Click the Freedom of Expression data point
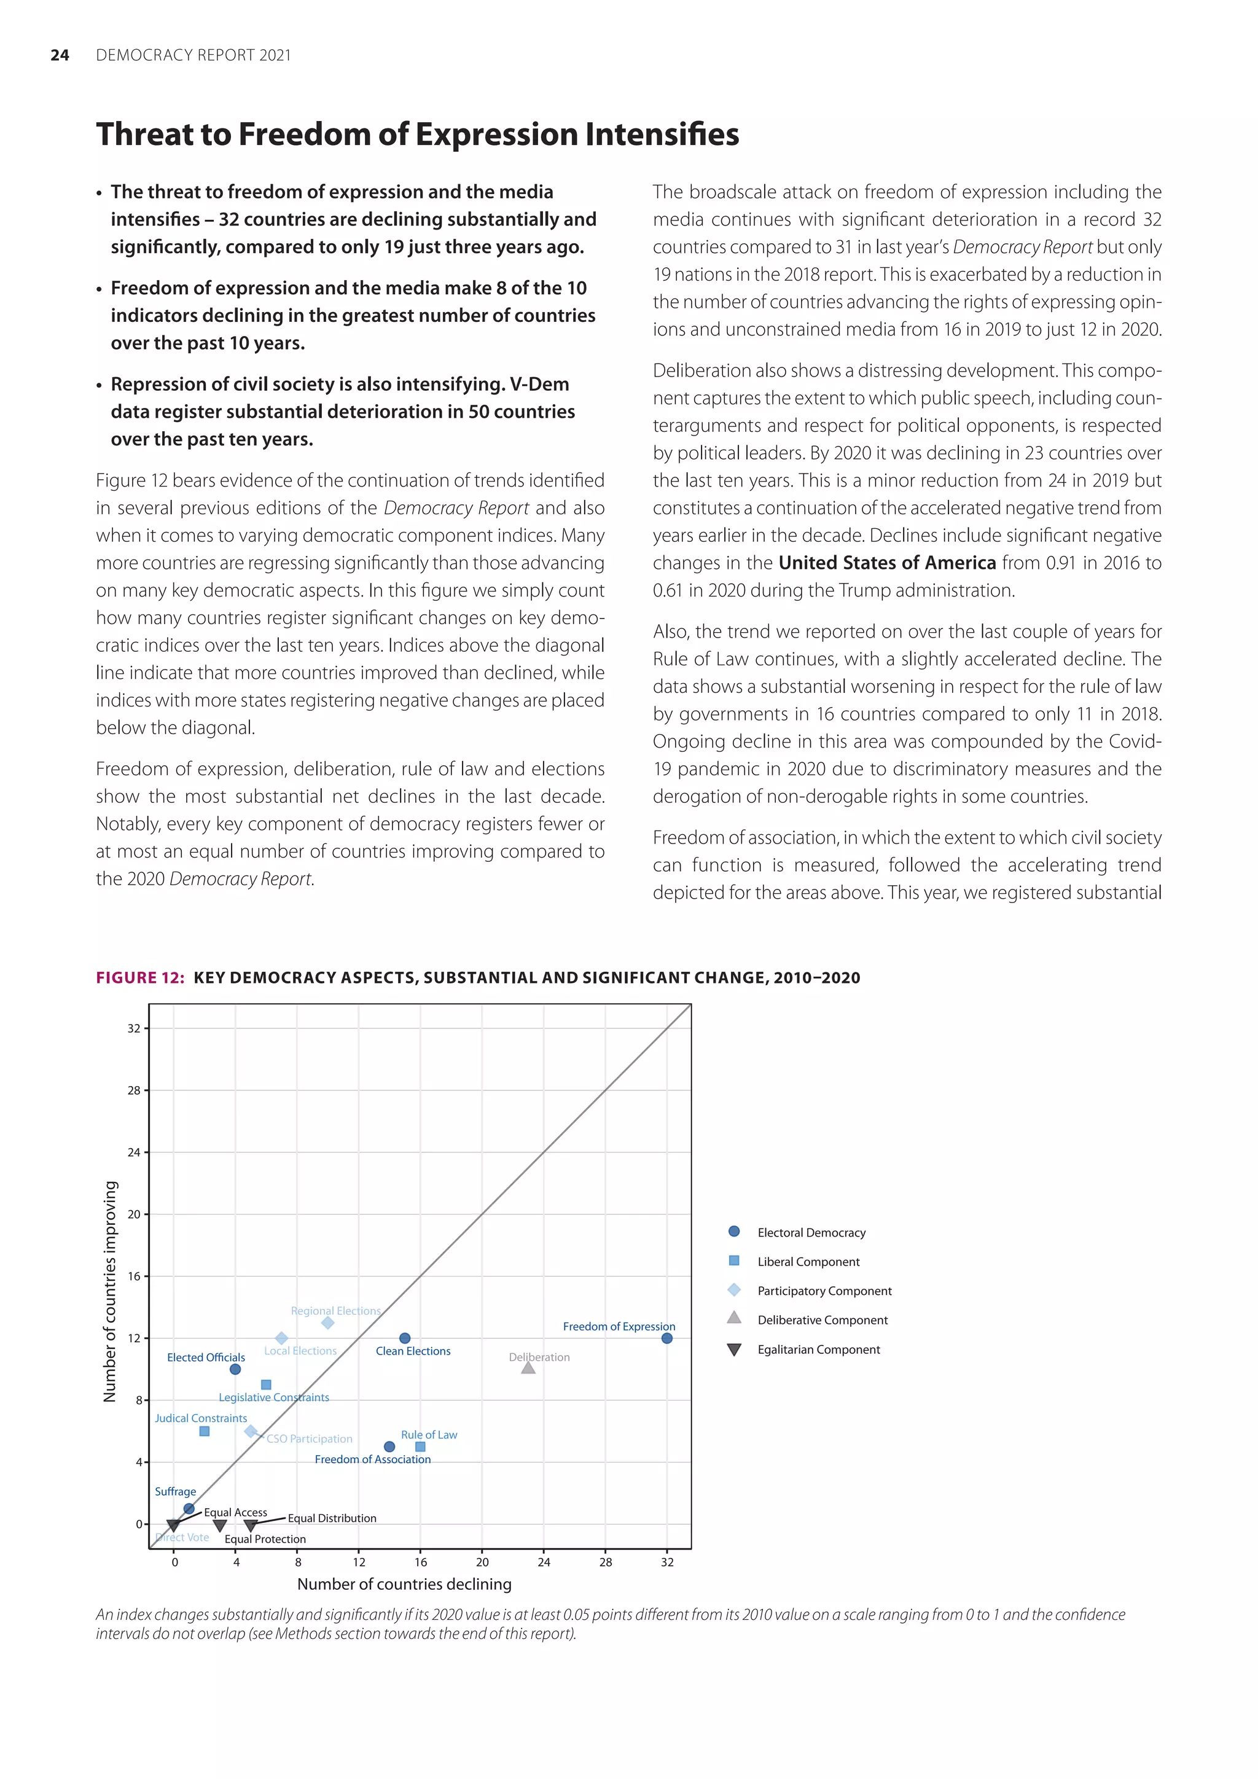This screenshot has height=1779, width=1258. tap(667, 1338)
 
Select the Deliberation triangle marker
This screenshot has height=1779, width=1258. tap(528, 1368)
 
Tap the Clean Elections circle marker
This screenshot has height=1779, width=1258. tap(404, 1338)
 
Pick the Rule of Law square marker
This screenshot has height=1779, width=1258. tap(421, 1447)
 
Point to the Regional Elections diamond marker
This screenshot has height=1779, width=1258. tap(327, 1323)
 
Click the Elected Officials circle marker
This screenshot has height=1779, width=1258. tap(235, 1369)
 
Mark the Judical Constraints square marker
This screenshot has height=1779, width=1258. tap(205, 1431)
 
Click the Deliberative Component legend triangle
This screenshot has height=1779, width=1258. tap(735, 1318)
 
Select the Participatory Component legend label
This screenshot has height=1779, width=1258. tap(824, 1291)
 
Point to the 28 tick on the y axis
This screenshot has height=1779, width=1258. tap(134, 1090)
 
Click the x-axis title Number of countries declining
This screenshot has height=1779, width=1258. tap(404, 1584)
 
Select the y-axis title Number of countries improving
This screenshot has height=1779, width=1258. tap(110, 1292)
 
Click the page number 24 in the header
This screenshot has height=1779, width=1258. tap(60, 55)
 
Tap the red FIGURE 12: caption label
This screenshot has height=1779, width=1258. tap(140, 978)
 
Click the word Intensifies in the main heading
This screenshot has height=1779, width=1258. tap(662, 134)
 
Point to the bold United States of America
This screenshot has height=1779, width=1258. tap(887, 563)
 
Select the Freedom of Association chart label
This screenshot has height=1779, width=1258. tap(373, 1459)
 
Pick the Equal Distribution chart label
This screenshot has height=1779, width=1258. tap(332, 1518)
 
